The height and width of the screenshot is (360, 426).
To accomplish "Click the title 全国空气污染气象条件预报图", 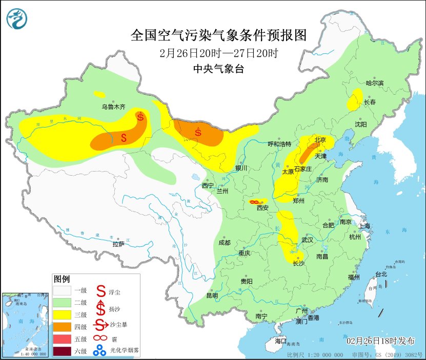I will pos(218,35).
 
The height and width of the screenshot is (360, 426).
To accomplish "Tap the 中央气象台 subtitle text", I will pos(218,69).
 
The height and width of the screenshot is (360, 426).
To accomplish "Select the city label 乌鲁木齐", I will pos(113,107).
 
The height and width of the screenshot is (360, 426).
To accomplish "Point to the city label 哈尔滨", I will pos(374,83).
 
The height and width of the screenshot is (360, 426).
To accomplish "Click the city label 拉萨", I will pos(118,244).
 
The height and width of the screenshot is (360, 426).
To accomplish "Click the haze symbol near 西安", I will pos(254,202).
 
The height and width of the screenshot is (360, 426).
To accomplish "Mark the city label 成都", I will pos(224,242).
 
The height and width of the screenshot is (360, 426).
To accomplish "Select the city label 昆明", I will pos(212,295).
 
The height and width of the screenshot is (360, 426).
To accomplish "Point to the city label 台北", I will pos(381,274).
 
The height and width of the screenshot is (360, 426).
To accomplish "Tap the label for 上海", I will pos(365,226).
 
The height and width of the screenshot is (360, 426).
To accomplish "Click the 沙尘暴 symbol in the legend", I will pos(101,325).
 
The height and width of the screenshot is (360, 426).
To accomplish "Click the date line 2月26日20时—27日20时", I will pos(218,53).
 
